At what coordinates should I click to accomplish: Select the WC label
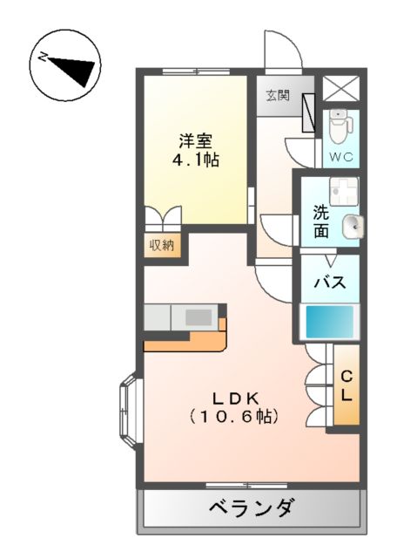(x=339, y=158)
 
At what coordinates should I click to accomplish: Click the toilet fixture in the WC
(x=340, y=126)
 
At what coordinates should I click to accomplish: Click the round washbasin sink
(x=351, y=227)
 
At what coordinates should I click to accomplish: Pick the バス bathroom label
(x=330, y=282)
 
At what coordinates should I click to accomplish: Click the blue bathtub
(x=330, y=322)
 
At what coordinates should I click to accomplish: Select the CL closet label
(x=347, y=385)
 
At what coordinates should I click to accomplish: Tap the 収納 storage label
(x=161, y=245)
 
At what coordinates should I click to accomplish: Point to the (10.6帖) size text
(x=233, y=417)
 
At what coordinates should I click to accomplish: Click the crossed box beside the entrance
(x=334, y=88)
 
